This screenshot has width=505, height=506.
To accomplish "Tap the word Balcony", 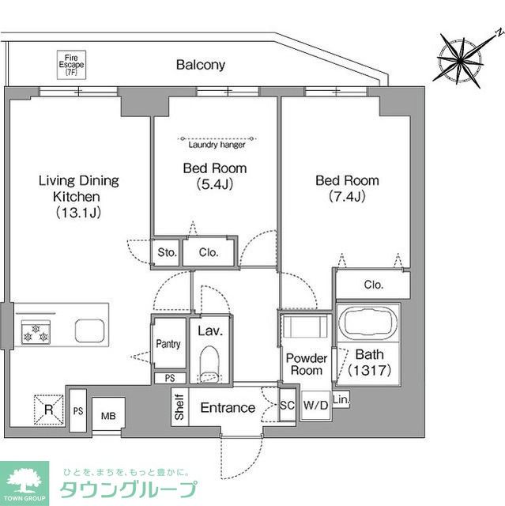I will (201, 66).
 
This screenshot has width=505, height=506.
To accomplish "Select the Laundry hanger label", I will (216, 144).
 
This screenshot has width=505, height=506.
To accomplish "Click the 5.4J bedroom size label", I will (214, 176).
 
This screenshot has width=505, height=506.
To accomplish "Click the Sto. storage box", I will (166, 253).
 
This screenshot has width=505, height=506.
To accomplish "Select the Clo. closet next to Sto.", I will (209, 253).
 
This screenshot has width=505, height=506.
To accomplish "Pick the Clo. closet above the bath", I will (373, 285).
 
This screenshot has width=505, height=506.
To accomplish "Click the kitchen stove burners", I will (36, 333).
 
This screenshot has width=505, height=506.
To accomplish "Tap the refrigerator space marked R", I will (47, 410).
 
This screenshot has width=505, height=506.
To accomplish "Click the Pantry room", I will (168, 344).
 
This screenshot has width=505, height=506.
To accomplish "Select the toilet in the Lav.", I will (209, 362).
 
